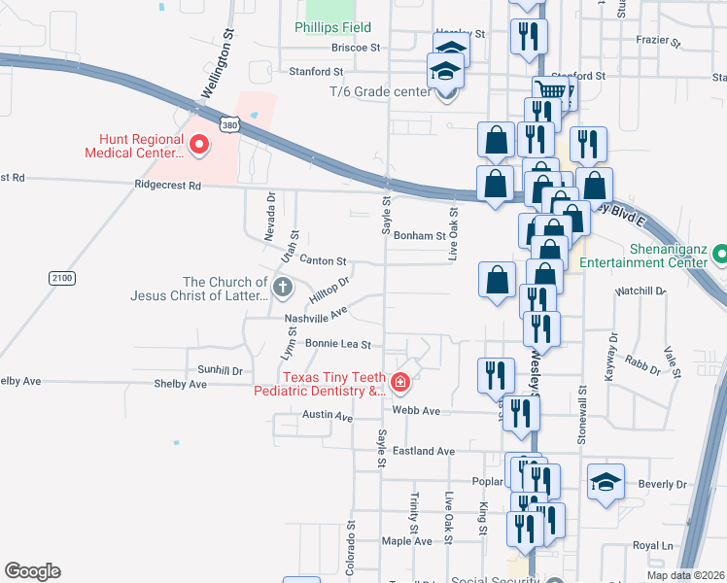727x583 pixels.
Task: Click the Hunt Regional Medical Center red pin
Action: coord(199,146)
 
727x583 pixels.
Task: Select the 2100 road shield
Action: coord(62,278)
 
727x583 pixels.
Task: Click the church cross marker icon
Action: coord(282,287)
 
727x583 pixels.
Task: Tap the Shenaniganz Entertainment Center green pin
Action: coord(719,255)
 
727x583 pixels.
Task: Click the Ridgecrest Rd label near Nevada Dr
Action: coord(166,185)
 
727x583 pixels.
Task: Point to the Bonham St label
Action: coord(421,235)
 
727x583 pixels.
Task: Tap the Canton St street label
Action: coord(324,260)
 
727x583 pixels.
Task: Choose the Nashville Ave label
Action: coord(316,316)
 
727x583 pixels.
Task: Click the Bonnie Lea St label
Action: coord(338,343)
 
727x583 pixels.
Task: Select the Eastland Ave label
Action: coord(424,451)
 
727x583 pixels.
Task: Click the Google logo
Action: coord(32,571)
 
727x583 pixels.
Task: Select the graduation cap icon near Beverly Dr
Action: coord(605,482)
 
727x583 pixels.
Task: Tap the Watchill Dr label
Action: coord(640,291)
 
